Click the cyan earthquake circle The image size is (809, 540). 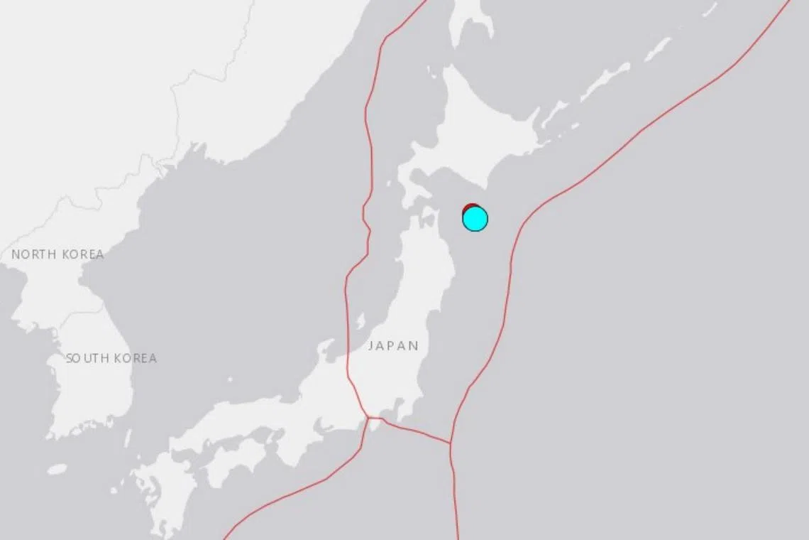click(x=475, y=219)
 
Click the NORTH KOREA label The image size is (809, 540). click(x=57, y=254)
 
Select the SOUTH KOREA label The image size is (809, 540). click(x=111, y=358)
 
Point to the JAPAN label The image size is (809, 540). click(x=393, y=346)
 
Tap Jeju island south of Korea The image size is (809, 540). click(x=57, y=469)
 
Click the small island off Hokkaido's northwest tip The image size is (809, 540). click(x=431, y=71)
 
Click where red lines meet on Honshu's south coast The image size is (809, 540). click(x=367, y=417)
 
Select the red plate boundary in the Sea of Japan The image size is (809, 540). click(x=367, y=142)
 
